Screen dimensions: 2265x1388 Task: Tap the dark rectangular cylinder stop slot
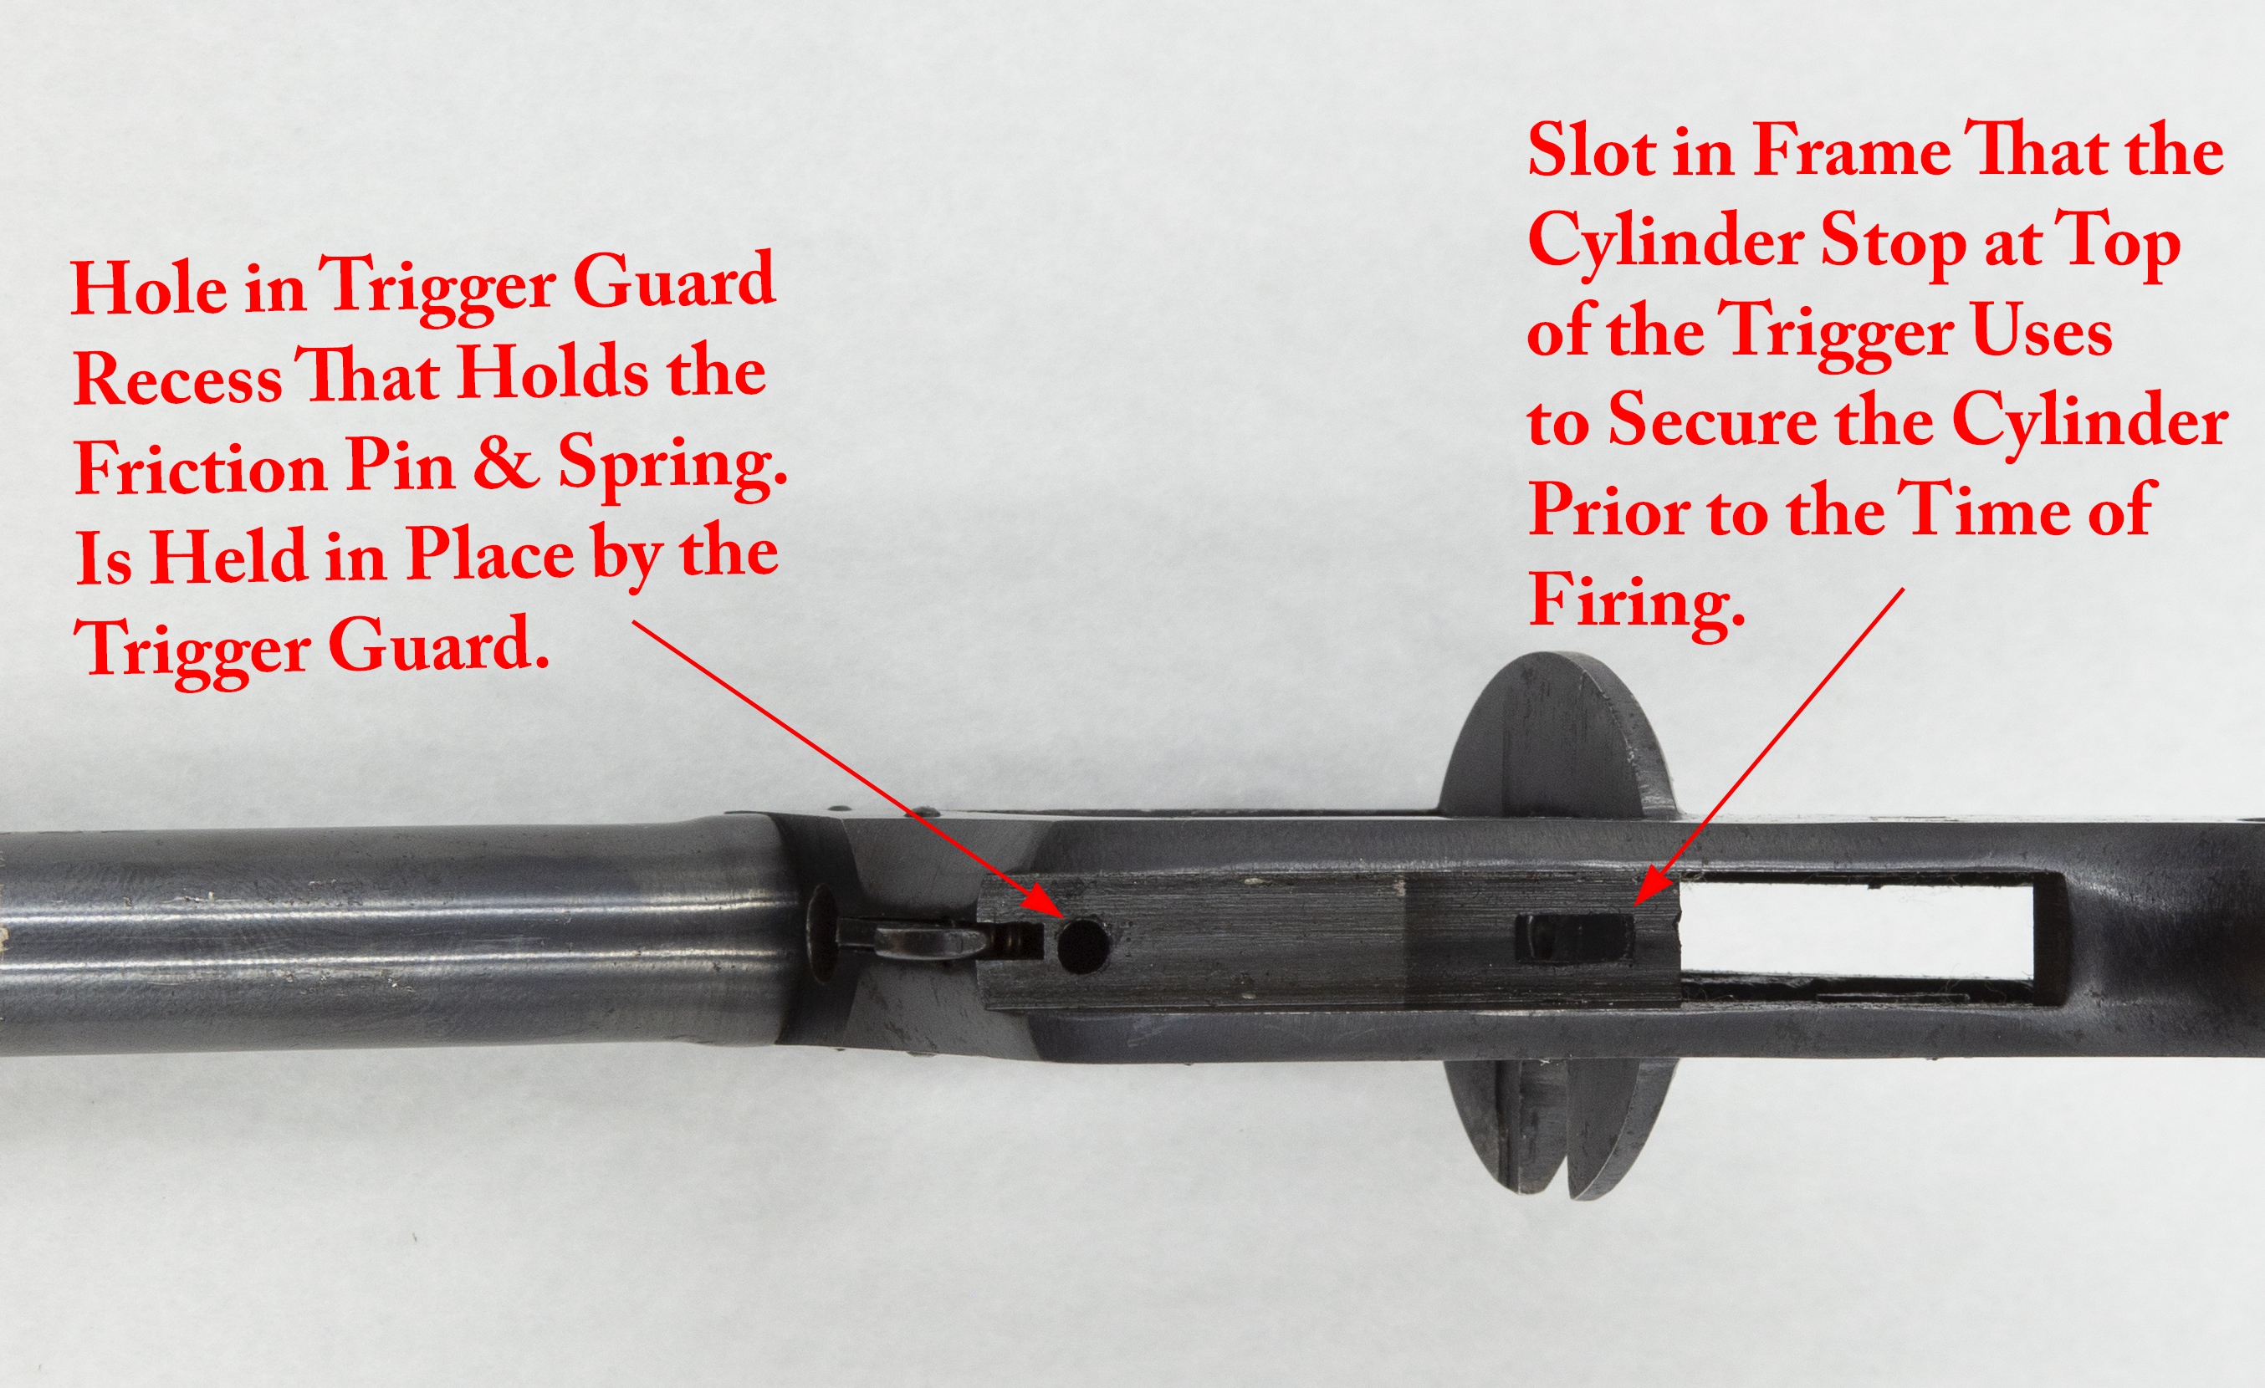(1574, 938)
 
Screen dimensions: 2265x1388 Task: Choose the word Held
(228, 556)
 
